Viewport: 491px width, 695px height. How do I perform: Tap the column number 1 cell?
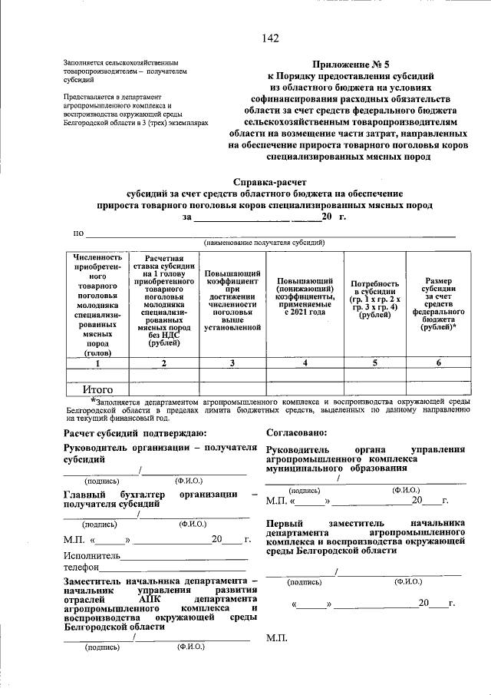click(x=97, y=362)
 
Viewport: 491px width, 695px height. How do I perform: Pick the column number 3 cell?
click(x=232, y=362)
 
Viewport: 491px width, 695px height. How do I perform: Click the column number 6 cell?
click(x=438, y=362)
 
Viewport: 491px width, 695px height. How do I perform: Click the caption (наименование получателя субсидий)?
click(x=264, y=243)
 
